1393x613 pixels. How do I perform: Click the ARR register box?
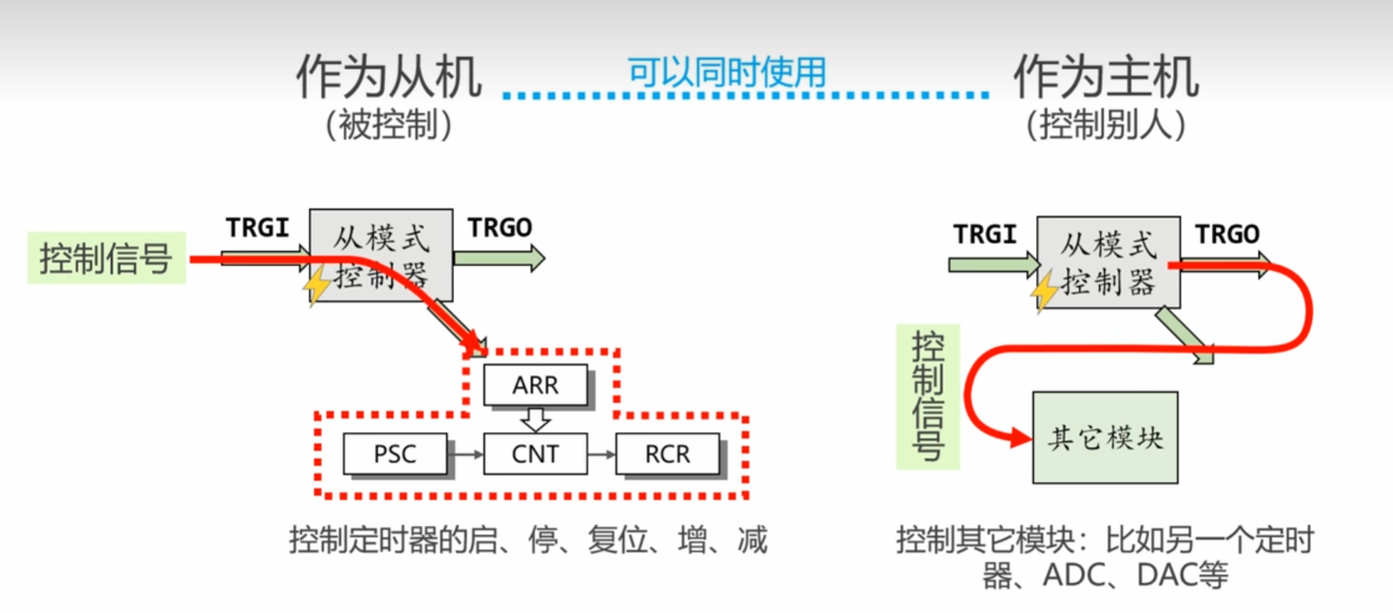pos(535,385)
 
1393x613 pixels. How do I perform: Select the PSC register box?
pos(395,454)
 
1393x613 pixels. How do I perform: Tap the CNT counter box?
pos(535,454)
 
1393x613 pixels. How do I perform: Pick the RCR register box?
pos(667,454)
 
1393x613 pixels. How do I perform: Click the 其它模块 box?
pos(1105,437)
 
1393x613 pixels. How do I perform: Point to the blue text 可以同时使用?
pos(726,72)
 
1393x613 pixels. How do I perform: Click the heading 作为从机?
pos(389,77)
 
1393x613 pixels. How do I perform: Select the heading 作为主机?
pos(1106,77)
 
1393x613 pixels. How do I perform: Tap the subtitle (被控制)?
pos(389,125)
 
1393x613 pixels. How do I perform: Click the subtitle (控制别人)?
pos(1106,125)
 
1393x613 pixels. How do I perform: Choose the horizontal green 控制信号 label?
pos(106,258)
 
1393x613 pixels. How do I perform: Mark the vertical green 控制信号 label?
pos(928,397)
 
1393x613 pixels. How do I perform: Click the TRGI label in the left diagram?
pos(257,227)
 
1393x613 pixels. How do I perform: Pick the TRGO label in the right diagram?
pos(1227,235)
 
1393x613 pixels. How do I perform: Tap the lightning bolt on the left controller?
pos(316,285)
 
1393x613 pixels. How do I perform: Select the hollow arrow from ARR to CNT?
pos(535,419)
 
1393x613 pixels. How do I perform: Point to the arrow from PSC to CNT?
pos(466,455)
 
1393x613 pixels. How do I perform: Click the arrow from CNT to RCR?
pos(602,455)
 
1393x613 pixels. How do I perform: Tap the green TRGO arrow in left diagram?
pos(499,258)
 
